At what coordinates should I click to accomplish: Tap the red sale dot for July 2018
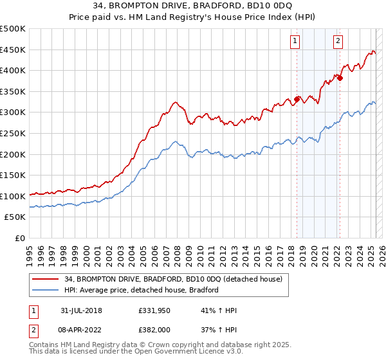[x=297, y=99]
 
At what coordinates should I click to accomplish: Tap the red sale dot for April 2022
[x=340, y=78]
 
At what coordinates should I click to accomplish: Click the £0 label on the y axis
[x=20, y=238]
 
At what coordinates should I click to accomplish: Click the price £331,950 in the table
[x=153, y=310]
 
